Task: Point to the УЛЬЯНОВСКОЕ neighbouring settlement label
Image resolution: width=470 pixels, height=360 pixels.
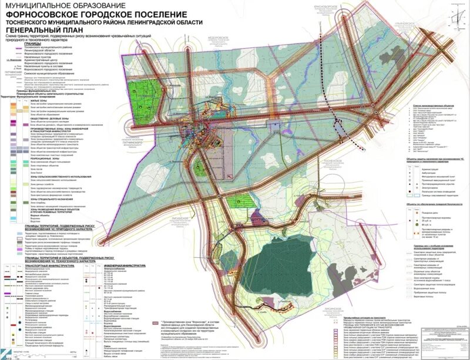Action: point(407,25)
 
